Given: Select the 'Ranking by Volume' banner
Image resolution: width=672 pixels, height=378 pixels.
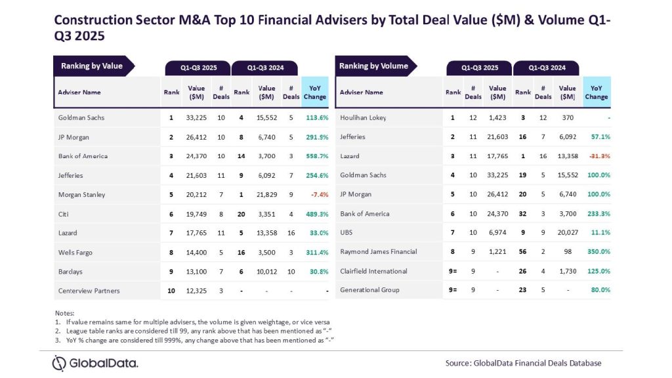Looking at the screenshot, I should pos(373,66).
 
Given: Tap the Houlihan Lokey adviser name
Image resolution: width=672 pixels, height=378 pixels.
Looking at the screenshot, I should pos(363,118).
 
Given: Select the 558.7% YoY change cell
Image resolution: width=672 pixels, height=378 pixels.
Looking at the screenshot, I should pos(316,156).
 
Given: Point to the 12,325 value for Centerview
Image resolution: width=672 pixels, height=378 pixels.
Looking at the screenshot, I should pos(196,291).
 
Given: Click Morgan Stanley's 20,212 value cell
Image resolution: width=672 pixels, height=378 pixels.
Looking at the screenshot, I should pos(196,195).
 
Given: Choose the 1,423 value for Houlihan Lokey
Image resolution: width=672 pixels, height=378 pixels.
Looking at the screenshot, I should pos(497,118).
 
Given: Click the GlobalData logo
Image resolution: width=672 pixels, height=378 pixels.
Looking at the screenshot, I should pos(95,363).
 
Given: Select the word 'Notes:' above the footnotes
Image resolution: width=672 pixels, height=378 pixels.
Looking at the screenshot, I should pos(64,314).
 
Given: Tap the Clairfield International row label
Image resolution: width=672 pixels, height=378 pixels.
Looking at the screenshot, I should pos(373,271).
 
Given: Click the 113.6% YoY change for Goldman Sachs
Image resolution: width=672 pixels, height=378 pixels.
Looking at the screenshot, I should pos(316,118).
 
